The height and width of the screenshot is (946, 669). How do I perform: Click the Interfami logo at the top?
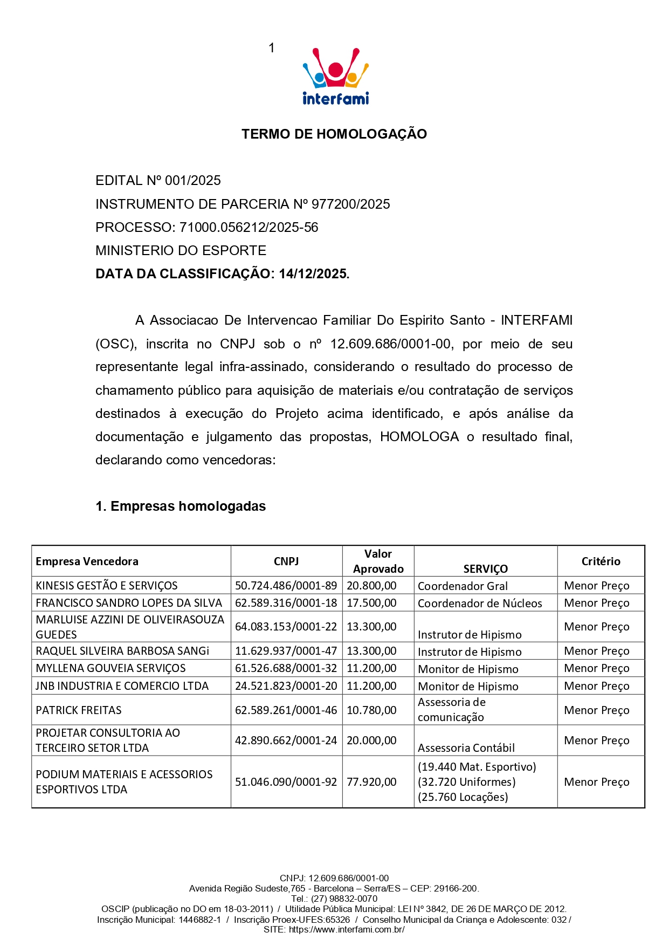(x=335, y=77)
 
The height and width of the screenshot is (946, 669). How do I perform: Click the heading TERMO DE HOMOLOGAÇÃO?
(x=334, y=134)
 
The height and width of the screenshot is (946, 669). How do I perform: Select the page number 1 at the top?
(x=272, y=48)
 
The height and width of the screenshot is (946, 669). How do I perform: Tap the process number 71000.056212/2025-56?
(x=249, y=228)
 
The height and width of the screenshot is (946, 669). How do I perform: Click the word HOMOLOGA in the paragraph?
(x=419, y=437)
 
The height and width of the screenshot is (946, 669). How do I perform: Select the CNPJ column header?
(x=286, y=561)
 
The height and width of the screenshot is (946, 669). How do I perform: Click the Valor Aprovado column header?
(x=378, y=561)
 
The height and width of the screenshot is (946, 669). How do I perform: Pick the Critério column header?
(x=601, y=561)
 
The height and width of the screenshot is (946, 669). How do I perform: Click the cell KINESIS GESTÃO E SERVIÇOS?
(x=107, y=586)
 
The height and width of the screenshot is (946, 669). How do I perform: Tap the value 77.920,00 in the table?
(x=371, y=782)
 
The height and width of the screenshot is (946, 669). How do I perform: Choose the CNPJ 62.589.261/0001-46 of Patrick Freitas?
(x=286, y=710)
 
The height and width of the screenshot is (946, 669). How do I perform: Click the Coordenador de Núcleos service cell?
(x=480, y=604)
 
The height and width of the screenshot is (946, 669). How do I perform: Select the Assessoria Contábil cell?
(x=466, y=748)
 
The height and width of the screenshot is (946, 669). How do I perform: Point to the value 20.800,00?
(x=371, y=586)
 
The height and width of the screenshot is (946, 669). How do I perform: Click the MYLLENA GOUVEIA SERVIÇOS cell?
(x=111, y=668)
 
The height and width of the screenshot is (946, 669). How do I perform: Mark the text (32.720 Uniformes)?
(x=467, y=782)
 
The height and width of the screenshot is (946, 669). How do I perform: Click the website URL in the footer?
(x=347, y=929)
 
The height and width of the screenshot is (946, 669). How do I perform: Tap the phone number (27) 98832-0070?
(x=344, y=899)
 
